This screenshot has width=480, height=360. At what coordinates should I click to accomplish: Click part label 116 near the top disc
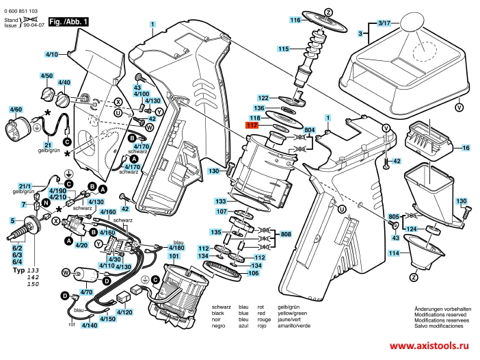coord(295,21)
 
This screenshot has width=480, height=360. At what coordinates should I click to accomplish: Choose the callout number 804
coord(309,130)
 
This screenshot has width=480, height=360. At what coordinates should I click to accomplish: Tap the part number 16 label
coord(465,148)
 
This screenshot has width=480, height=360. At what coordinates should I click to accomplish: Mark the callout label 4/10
coord(53,53)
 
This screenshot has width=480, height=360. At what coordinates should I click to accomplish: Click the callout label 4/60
coord(15,109)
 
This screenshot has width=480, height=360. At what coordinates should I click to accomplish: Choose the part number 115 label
coord(283,49)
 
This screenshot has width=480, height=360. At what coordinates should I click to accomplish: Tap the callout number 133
coord(221,201)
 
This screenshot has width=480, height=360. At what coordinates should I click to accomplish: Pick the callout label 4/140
coord(90,325)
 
